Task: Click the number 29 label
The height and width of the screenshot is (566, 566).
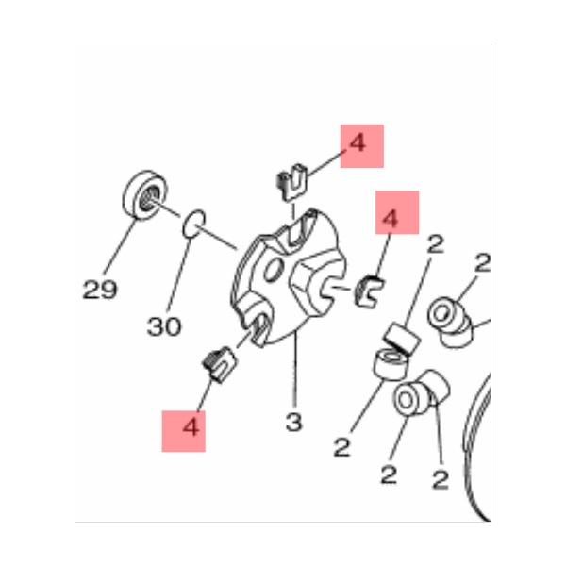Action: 100,290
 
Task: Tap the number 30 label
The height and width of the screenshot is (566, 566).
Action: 164,326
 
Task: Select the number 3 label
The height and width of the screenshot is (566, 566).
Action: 293,422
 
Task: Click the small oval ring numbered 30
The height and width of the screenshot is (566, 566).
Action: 194,224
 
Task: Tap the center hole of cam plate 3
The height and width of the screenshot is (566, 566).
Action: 274,269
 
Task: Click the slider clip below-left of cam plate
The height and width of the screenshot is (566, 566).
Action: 219,364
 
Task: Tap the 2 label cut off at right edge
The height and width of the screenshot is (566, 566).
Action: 482,263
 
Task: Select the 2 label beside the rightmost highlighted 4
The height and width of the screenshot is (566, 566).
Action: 435,244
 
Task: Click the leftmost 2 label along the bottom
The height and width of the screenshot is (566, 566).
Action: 342,447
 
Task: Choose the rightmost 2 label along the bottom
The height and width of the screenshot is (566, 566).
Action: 440,479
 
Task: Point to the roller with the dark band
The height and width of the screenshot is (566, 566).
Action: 403,340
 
